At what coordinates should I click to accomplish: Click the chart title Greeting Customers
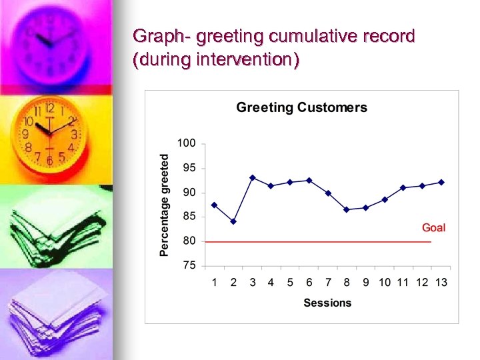[x=301, y=107]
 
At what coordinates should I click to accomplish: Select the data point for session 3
[x=253, y=178]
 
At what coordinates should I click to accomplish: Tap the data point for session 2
[x=233, y=221]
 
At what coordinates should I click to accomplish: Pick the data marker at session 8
[x=347, y=209]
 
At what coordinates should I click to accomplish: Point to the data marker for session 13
[x=441, y=182]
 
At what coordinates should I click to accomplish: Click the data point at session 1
[x=214, y=205]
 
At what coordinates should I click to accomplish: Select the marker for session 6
[x=309, y=180]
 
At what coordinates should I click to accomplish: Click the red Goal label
[x=433, y=228]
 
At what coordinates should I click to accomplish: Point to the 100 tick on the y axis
[x=187, y=143]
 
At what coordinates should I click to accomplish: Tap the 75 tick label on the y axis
[x=189, y=265]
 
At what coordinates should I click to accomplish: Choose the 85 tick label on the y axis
[x=189, y=217]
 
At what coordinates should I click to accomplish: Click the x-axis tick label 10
[x=385, y=283]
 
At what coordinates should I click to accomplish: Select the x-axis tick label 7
[x=328, y=283]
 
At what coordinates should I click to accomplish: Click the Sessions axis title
[x=327, y=303]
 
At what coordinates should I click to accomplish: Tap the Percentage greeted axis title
[x=165, y=204]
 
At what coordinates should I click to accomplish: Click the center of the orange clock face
[x=49, y=133]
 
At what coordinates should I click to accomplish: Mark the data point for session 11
[x=403, y=187]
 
